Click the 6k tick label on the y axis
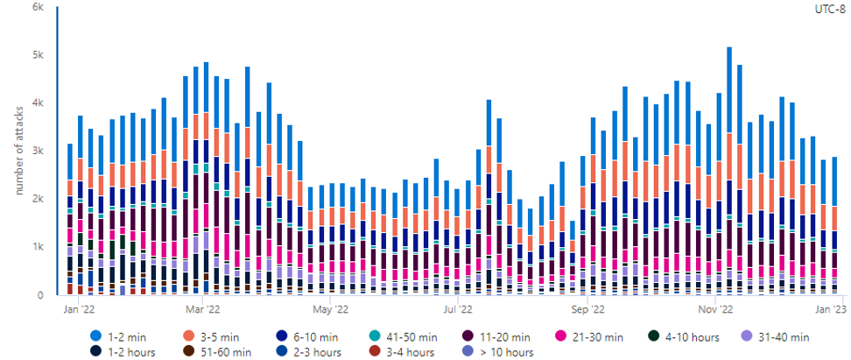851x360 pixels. click(x=39, y=7)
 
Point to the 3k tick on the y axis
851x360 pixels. click(x=39, y=152)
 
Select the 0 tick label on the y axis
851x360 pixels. click(x=41, y=296)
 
